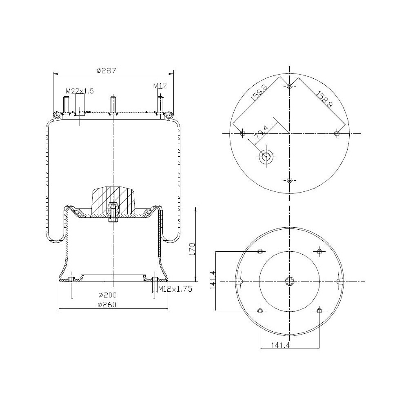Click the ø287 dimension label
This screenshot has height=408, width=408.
(106, 70)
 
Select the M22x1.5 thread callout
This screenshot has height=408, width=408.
(80, 91)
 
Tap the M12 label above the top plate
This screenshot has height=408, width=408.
(160, 85)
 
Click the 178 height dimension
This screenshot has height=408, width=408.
(193, 249)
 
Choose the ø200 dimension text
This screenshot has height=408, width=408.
(108, 295)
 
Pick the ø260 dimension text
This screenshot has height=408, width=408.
(108, 306)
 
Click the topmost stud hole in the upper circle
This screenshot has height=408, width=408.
(290, 86)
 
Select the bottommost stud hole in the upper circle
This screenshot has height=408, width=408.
(290, 181)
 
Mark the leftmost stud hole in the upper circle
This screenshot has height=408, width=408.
(243, 134)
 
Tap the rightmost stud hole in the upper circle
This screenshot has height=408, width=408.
(337, 134)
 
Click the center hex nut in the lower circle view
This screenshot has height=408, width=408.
(289, 281)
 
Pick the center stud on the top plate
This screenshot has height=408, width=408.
(112, 104)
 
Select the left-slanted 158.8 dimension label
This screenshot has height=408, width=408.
(259, 93)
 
